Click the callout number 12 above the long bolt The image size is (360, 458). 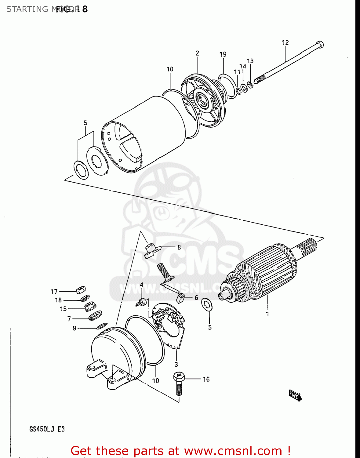coord(285,43)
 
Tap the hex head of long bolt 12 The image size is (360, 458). coord(320,45)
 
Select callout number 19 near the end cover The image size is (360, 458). coord(223,54)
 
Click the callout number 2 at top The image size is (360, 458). coord(197,53)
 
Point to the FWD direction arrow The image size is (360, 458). coord(295,395)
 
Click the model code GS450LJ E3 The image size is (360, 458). coord(47,429)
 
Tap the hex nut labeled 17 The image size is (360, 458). coord(81,289)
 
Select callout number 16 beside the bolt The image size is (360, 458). coord(206,379)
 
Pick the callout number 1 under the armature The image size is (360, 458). coord(267,314)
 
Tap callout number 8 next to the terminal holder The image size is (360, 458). coord(179,247)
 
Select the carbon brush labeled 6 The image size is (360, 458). coord(180,298)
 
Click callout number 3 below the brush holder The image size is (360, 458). coord(176,364)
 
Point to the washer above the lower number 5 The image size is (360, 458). coord(207,305)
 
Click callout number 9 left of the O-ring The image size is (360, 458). coord(74,328)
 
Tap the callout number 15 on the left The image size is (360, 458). coord(63,309)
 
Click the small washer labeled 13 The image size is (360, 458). coord(250,84)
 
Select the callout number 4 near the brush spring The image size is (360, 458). coord(141,285)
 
